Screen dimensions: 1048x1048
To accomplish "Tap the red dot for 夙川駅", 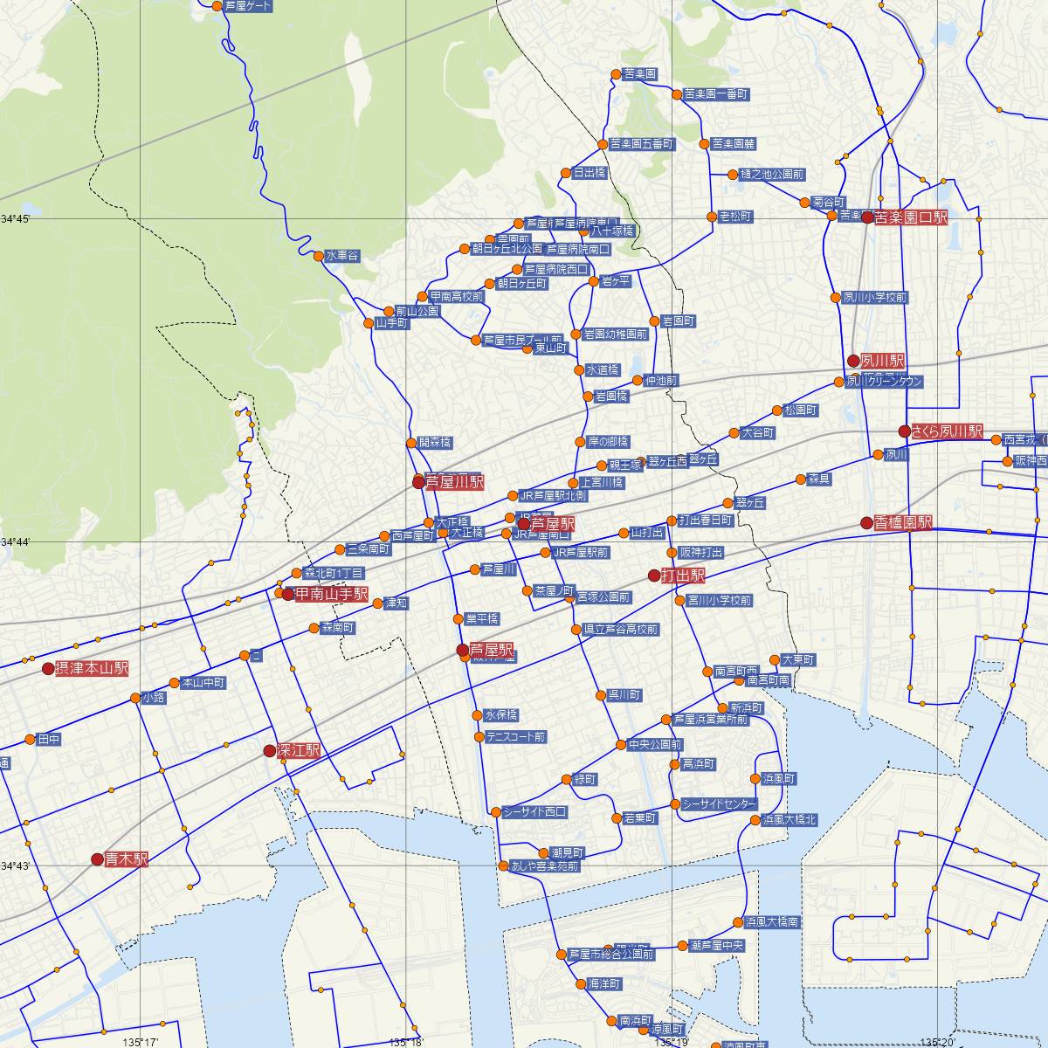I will point(853,361).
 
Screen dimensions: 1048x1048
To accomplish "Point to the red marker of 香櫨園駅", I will point(866,523).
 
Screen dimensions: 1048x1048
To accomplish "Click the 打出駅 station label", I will point(683,576).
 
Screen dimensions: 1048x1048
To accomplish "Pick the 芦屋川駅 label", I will point(453,481).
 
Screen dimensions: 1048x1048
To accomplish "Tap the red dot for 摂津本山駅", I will point(48,669).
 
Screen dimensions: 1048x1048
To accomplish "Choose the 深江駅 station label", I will point(299,751).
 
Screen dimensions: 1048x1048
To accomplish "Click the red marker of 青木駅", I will point(97,859).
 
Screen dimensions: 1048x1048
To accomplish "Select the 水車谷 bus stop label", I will point(342,256).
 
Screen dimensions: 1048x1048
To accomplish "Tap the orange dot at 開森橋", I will point(409,442).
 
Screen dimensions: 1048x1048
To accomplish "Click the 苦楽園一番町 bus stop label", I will point(716,93).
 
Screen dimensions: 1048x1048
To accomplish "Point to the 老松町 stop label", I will point(735,216).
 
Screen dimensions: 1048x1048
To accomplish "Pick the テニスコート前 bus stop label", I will point(516,737).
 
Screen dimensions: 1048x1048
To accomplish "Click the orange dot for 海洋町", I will point(581,983).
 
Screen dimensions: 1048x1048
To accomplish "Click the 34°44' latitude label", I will point(16,542).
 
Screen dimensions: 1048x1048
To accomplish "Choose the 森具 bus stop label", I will point(819,479).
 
